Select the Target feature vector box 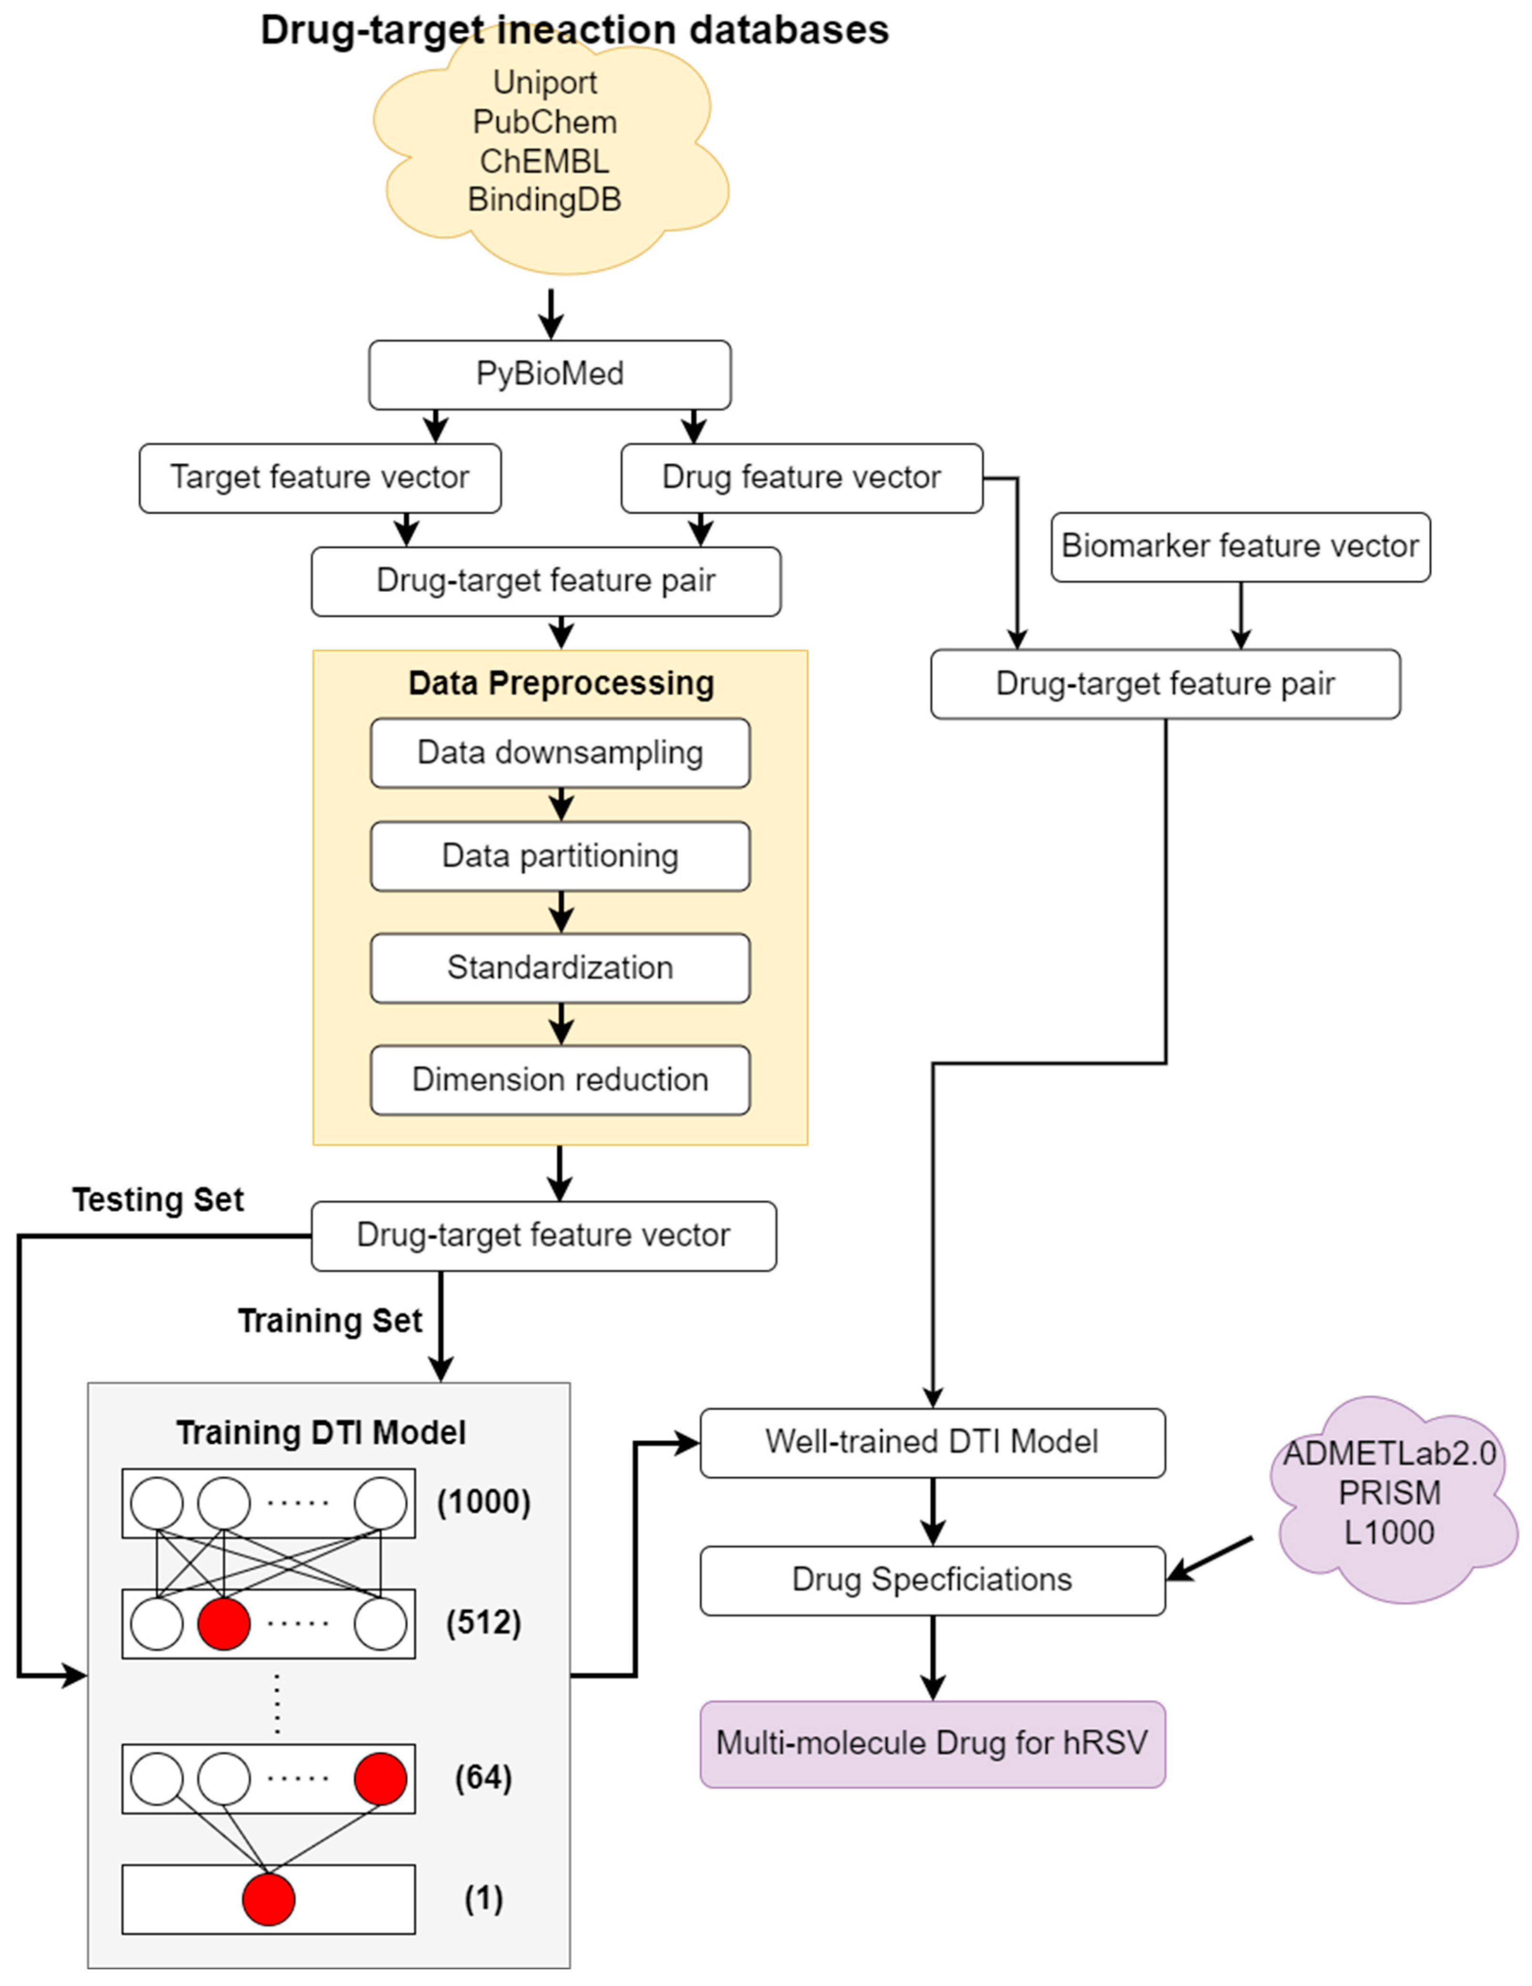tap(320, 477)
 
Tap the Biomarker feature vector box tap(1240, 546)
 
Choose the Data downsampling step tap(560, 753)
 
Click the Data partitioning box tap(560, 856)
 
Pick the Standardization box tap(560, 968)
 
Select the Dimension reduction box tap(560, 1079)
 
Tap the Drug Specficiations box tap(931, 1579)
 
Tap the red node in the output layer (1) tap(269, 1899)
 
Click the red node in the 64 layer tap(380, 1778)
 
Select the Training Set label tap(330, 1321)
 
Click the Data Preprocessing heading tap(561, 683)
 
